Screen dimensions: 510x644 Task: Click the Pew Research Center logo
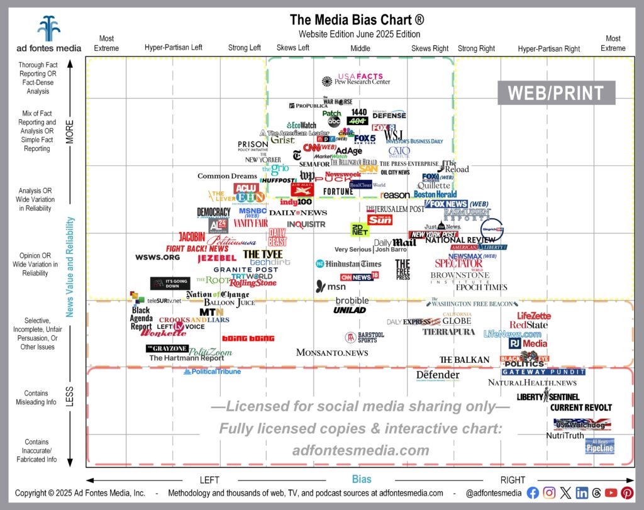pos(356,82)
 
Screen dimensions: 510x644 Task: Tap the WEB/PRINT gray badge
pos(556,93)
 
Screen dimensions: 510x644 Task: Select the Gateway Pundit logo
pos(543,372)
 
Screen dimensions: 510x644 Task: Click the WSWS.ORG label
pos(157,257)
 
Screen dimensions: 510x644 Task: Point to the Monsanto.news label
pos(332,353)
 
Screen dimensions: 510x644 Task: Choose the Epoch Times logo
pos(481,287)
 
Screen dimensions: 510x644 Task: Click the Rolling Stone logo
pos(252,284)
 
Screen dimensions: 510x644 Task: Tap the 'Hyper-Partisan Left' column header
pos(173,48)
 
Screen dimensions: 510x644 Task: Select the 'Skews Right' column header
pos(430,48)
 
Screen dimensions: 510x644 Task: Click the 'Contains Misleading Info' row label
pos(38,398)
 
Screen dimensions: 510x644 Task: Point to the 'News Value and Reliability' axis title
pos(71,267)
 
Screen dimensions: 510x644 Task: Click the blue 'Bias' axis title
pos(362,479)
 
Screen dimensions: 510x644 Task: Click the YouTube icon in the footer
pos(611,494)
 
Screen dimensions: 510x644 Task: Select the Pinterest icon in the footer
pos(627,494)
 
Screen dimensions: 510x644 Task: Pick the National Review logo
pos(462,240)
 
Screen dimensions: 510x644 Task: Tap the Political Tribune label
pos(212,372)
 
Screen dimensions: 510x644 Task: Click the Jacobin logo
pos(192,236)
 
